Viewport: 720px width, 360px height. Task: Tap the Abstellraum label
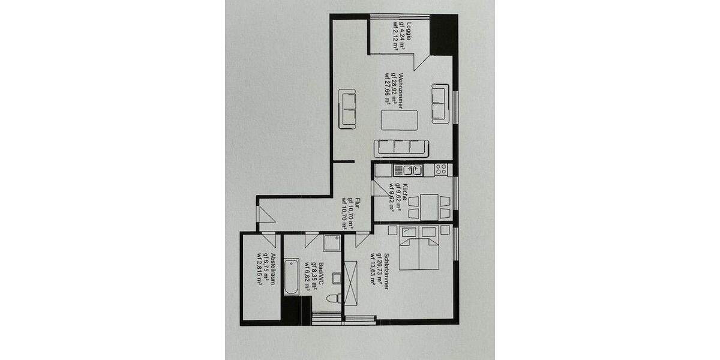(273, 271)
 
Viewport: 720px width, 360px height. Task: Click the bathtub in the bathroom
(292, 277)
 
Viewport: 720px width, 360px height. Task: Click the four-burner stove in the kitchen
(441, 170)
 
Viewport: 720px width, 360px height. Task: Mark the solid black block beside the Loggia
(445, 35)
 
